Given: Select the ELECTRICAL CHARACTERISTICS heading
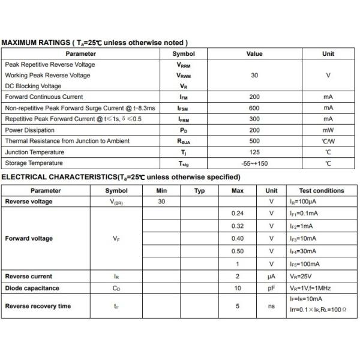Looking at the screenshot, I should [121, 177].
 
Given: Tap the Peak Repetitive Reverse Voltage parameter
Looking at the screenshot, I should [50, 65].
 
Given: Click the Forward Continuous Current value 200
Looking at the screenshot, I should [254, 97].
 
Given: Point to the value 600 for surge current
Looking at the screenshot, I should [254, 108].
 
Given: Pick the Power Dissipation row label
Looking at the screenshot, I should [30, 130].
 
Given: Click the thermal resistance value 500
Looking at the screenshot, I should [254, 141].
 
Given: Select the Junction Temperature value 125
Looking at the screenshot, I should [254, 152].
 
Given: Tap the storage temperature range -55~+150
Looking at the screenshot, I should [254, 163].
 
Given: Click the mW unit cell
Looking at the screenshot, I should [328, 130].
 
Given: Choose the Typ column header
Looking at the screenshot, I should [200, 191].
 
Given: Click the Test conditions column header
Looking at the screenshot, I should [322, 191].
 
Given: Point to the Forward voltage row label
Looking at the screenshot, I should [29, 238].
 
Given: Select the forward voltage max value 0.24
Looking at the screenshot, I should [238, 213].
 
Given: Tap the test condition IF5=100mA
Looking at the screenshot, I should [304, 264].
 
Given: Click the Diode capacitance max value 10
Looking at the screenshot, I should [238, 288].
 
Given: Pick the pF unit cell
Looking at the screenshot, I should [271, 288].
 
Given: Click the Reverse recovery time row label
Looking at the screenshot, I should [38, 306].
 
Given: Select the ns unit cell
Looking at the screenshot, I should [271, 306].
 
